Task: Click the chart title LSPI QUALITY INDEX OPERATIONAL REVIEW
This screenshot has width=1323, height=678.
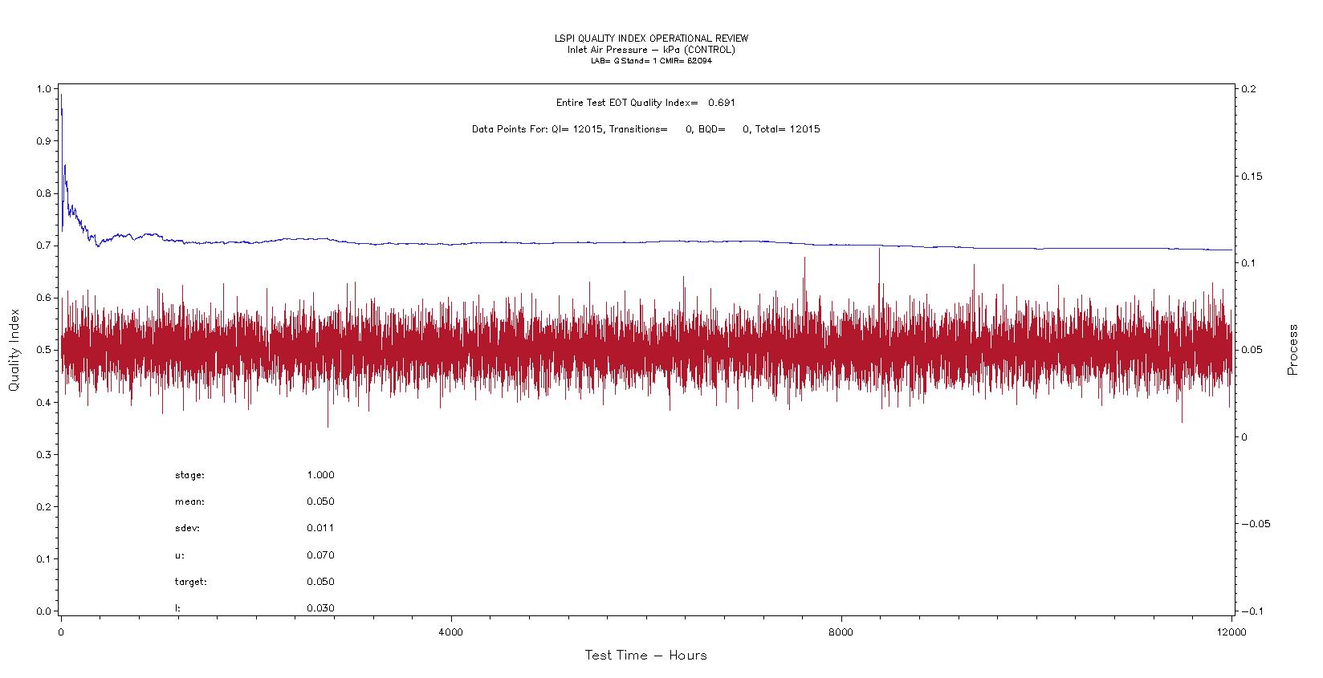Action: pyautogui.click(x=651, y=39)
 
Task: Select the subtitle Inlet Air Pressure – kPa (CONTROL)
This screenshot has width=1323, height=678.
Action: pyautogui.click(x=651, y=50)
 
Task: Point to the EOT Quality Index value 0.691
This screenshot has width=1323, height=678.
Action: pyautogui.click(x=722, y=103)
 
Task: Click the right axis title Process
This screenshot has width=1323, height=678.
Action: pyautogui.click(x=1292, y=350)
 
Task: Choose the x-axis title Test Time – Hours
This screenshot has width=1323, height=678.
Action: pyautogui.click(x=645, y=656)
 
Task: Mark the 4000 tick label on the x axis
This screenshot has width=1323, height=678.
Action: pyautogui.click(x=451, y=631)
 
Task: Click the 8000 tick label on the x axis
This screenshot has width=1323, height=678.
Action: pyautogui.click(x=841, y=631)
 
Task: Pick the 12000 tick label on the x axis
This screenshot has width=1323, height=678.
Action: pyautogui.click(x=1231, y=631)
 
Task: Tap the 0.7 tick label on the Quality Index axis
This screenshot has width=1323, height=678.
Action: pyautogui.click(x=44, y=246)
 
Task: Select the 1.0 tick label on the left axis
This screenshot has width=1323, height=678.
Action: pyautogui.click(x=44, y=89)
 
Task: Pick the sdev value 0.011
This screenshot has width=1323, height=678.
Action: pyautogui.click(x=320, y=528)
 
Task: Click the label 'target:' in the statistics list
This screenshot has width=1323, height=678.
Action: pyautogui.click(x=190, y=582)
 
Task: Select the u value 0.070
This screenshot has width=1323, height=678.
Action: pyautogui.click(x=320, y=555)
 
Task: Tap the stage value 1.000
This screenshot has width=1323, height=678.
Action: pyautogui.click(x=320, y=475)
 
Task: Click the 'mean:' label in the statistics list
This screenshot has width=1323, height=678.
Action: pyautogui.click(x=189, y=501)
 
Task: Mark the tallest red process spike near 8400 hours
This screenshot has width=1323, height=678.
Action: pyautogui.click(x=879, y=250)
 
